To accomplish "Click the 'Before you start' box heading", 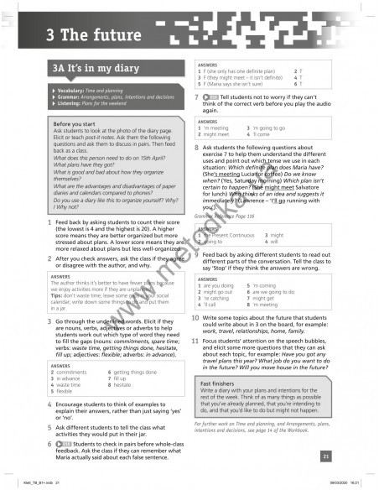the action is click(x=77, y=123).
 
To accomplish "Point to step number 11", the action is click(x=195, y=342).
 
